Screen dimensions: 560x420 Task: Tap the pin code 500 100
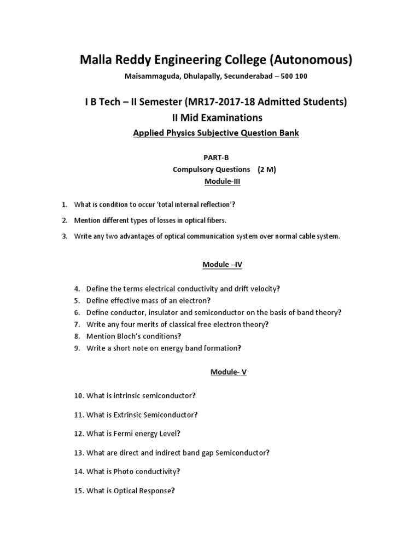tap(294, 76)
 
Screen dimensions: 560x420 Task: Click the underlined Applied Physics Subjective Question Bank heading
tap(217, 133)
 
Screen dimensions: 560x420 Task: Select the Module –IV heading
tap(222, 264)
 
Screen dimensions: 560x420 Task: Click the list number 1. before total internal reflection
tap(64, 205)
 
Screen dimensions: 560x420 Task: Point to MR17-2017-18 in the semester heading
tap(229, 101)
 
